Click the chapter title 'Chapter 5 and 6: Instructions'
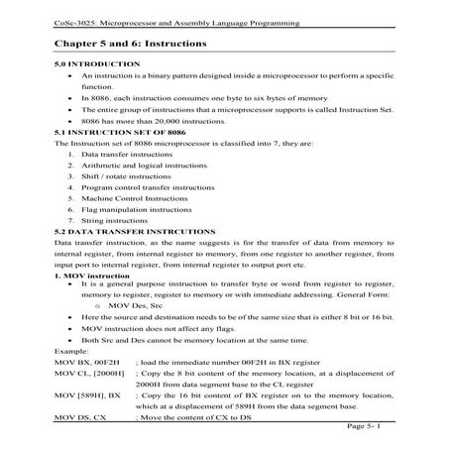132,45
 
